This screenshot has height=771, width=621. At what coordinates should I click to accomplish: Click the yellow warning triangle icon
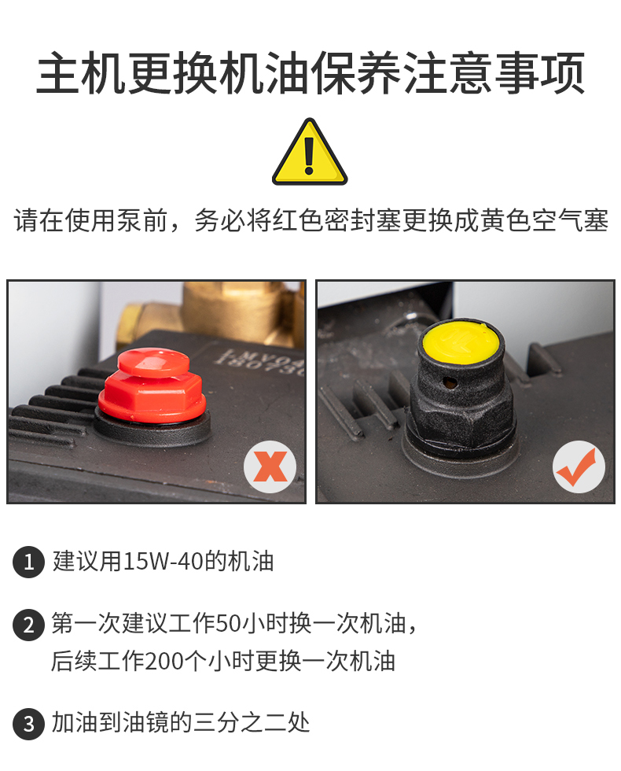pyautogui.click(x=310, y=153)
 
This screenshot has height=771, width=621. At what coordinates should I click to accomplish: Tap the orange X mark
pyautogui.click(x=270, y=467)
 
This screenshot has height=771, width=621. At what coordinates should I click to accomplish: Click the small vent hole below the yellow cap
pyautogui.click(x=447, y=382)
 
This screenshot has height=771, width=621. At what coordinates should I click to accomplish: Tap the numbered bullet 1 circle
pyautogui.click(x=29, y=562)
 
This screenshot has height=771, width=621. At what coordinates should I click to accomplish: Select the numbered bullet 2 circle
pyautogui.click(x=29, y=625)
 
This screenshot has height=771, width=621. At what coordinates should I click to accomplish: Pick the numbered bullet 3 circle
pyautogui.click(x=29, y=723)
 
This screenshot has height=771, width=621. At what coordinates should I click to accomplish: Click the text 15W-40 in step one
pyautogui.click(x=162, y=562)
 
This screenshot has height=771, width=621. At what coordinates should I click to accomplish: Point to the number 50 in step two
pyautogui.click(x=229, y=624)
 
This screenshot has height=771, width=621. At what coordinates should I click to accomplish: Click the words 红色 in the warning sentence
pyautogui.click(x=298, y=219)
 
